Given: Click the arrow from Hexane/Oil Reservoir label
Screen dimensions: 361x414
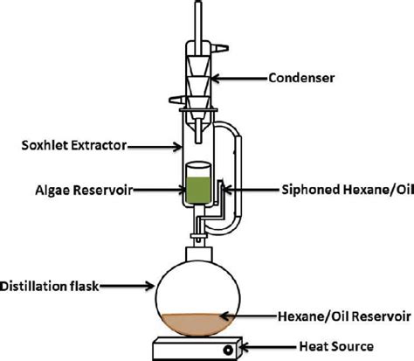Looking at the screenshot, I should pos(248,313).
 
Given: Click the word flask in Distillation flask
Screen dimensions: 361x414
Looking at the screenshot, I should pos(84,281).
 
